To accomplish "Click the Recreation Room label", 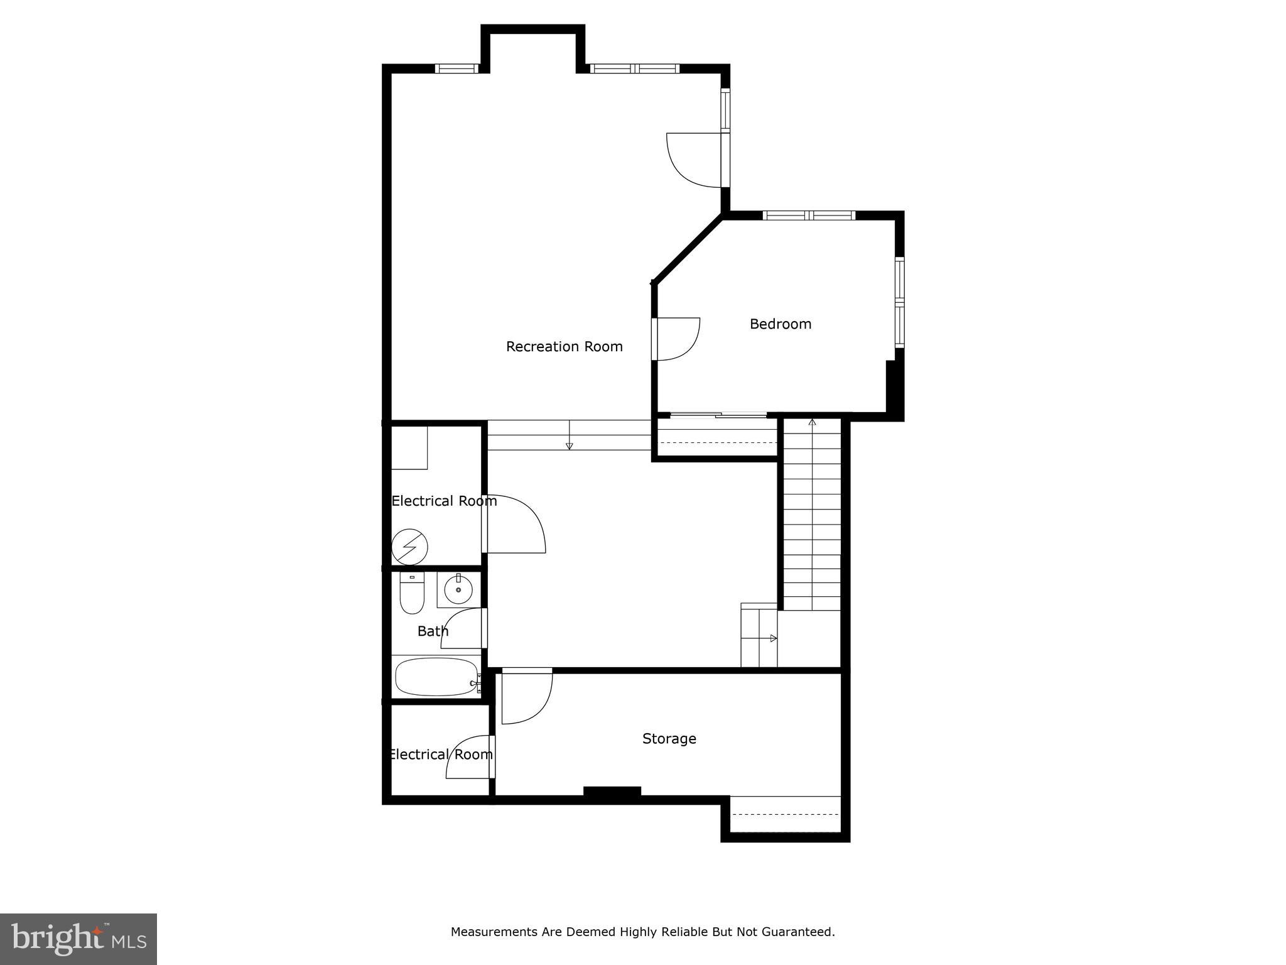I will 564,347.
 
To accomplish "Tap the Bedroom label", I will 781,324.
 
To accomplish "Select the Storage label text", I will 669,739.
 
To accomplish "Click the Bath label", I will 433,631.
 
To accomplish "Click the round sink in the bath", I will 458,590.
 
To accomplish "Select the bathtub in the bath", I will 436,677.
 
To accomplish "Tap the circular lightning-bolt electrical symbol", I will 409,547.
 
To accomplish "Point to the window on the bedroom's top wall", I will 809,215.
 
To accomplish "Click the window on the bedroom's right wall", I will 900,302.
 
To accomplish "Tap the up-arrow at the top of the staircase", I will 812,422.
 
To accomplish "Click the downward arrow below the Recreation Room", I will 570,445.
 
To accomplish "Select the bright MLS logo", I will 78,939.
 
